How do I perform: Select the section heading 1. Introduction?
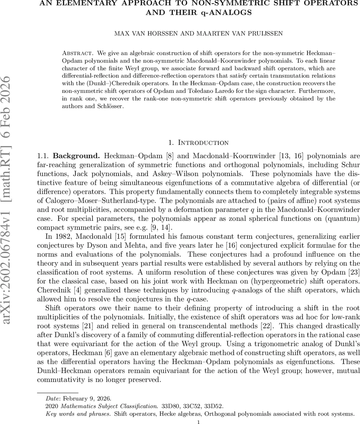(198, 143)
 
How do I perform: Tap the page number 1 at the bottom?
(198, 422)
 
